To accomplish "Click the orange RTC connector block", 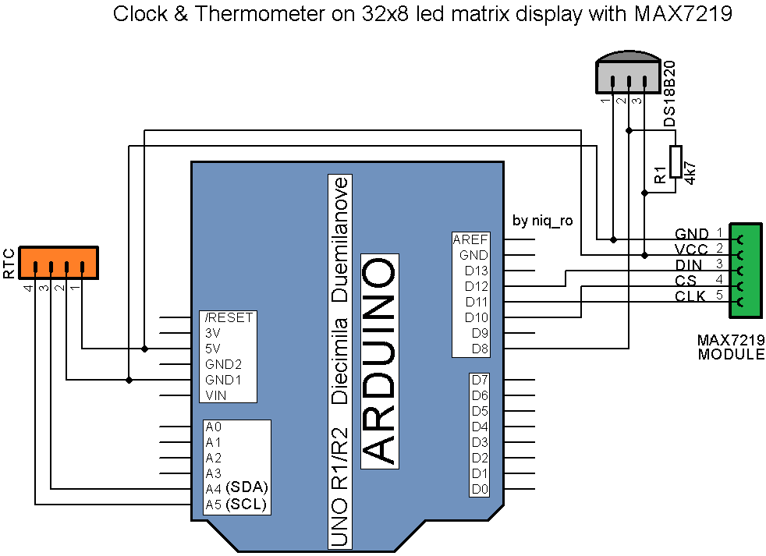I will point(59,263).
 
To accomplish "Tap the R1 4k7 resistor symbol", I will point(676,165).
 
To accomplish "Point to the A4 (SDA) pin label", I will point(236,488).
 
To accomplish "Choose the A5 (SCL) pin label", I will point(236,505).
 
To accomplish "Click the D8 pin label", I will point(480,349).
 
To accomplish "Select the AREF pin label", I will point(470,239).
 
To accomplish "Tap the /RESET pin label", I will point(228,317).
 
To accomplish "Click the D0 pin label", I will point(480,489).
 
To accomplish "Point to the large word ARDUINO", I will point(380,361).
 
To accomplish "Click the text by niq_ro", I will point(543,221).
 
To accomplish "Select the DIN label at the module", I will point(689,265).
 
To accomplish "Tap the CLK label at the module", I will point(690,296).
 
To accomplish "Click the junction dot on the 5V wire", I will point(144,349).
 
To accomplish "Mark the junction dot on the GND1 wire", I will point(129,380).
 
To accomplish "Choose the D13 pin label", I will point(476,271).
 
